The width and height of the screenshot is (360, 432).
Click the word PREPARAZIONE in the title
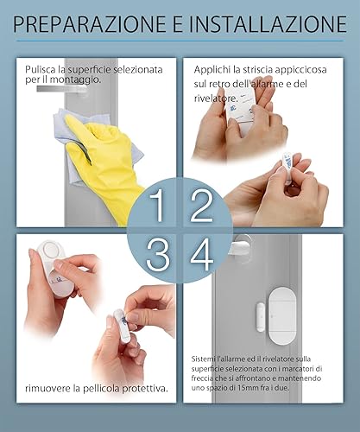(90, 24)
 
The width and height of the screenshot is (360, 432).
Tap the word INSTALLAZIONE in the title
(268, 24)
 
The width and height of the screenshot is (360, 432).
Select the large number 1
(157, 206)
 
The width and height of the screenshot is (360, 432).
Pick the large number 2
(202, 206)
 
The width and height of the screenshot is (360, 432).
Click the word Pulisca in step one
(40, 70)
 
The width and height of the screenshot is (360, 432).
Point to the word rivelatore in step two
(216, 98)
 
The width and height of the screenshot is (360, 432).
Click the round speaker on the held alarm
(50, 249)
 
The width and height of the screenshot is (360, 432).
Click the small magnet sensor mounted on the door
(261, 317)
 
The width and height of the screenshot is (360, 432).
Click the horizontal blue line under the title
(180, 41)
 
